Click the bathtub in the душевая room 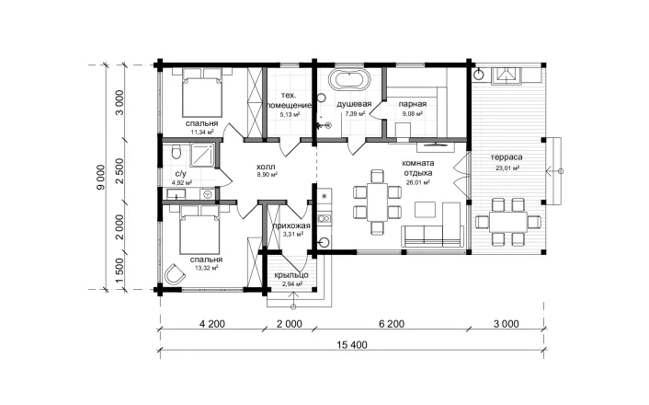[x=349, y=80]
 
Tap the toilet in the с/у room [x=176, y=152]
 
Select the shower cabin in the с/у [x=203, y=156]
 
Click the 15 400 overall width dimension [x=352, y=345]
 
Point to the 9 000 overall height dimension [x=101, y=177]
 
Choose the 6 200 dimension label [x=391, y=324]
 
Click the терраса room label [x=507, y=157]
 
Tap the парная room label [x=412, y=104]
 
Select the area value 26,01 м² [x=418, y=181]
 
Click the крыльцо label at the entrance [x=291, y=275]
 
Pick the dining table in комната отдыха [x=377, y=202]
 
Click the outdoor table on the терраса [x=507, y=222]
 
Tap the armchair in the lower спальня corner [x=175, y=274]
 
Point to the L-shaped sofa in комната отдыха [x=432, y=226]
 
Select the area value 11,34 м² [x=201, y=133]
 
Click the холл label [x=267, y=167]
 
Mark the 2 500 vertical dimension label [x=120, y=171]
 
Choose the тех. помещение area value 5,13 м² [x=290, y=115]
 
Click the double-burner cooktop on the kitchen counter [x=324, y=217]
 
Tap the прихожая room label [x=291, y=226]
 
